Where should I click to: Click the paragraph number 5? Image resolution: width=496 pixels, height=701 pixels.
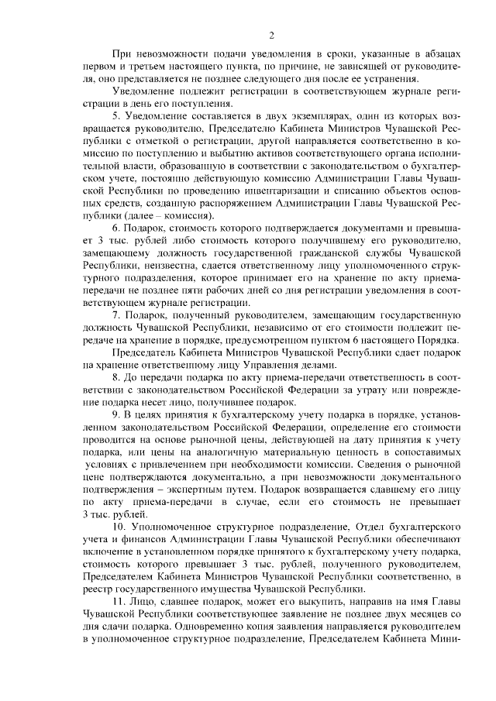[x=115, y=115]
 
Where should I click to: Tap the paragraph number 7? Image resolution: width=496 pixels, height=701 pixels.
[x=115, y=318]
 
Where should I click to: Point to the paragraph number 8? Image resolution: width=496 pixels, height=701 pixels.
[x=115, y=374]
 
